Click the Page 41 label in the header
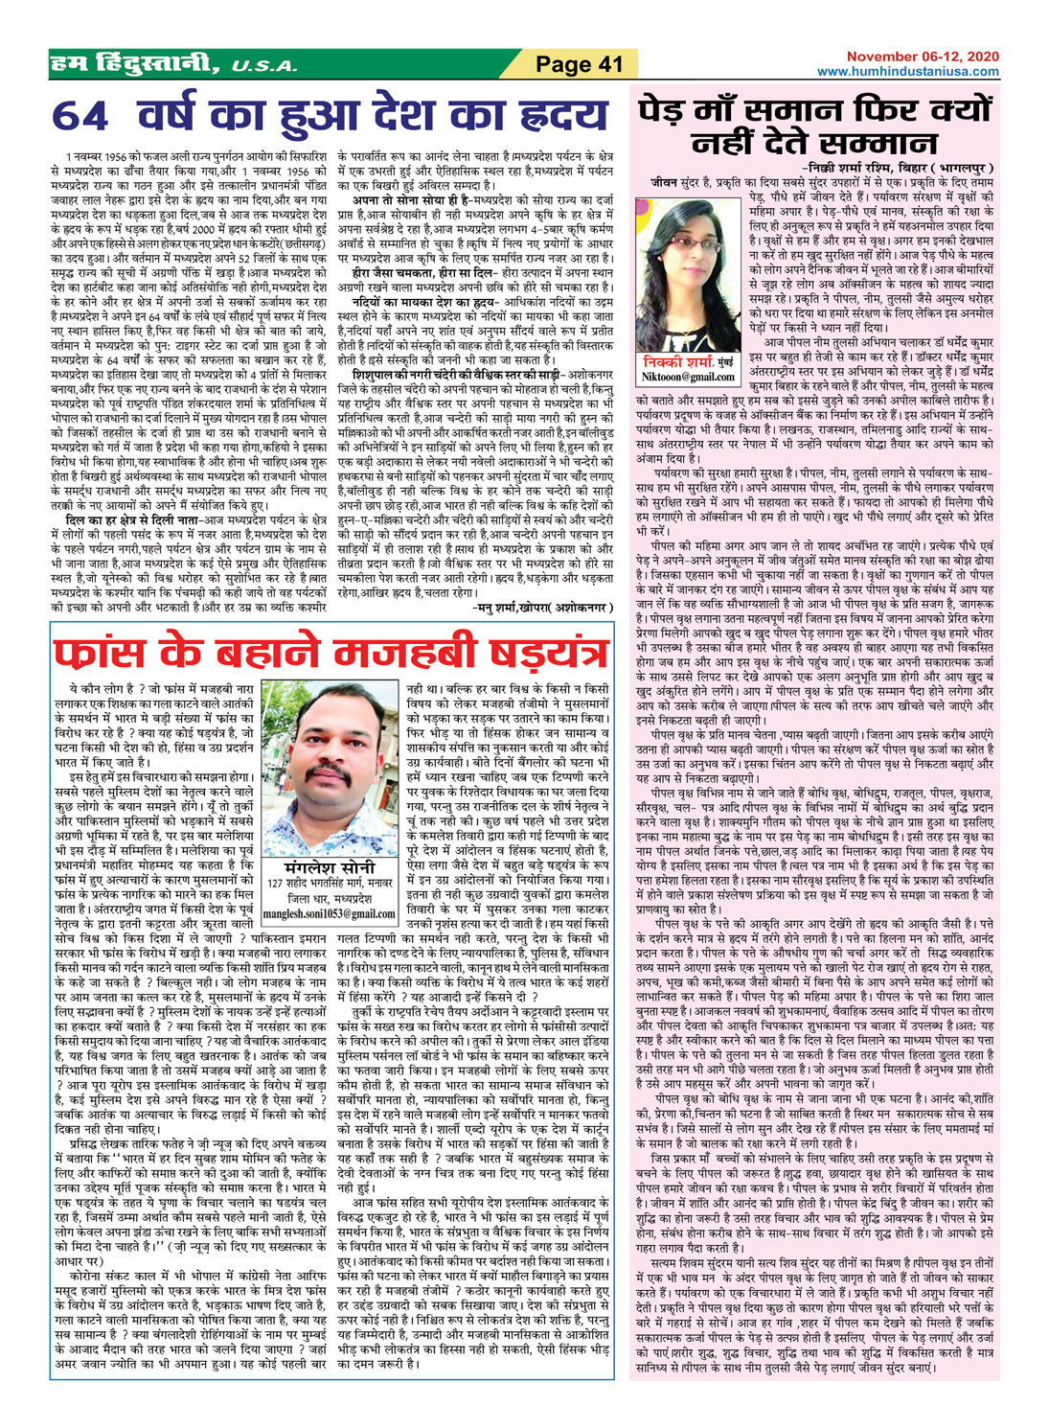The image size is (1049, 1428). click(579, 64)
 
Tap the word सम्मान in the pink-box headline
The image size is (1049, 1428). click(878, 144)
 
